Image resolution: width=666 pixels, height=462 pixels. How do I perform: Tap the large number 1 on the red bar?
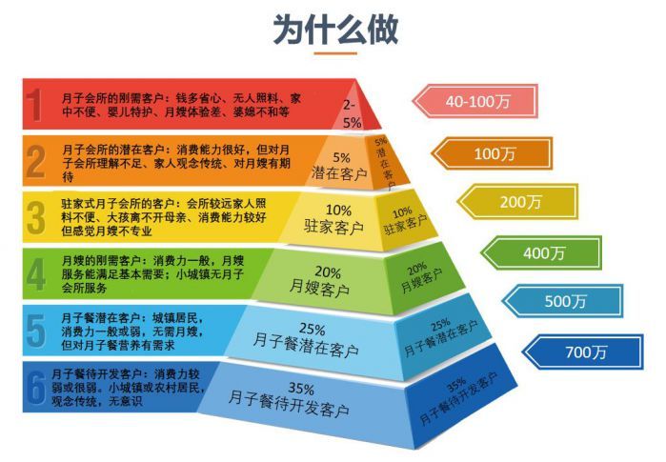[x=35, y=105]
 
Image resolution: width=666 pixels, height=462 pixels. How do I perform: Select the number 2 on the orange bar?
[x=35, y=161]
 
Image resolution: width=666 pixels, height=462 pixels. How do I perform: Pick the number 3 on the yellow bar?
[x=35, y=217]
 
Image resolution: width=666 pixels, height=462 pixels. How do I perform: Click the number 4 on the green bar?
[x=35, y=273]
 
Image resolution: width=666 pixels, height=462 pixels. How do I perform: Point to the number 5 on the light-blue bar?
[x=35, y=330]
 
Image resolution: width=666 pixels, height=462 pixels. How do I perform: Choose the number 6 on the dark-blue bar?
[x=35, y=387]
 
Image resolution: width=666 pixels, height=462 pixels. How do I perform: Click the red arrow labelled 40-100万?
[x=468, y=100]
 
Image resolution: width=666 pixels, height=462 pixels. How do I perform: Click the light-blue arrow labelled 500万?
[x=562, y=302]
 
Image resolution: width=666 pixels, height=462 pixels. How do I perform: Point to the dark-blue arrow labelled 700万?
[x=584, y=352]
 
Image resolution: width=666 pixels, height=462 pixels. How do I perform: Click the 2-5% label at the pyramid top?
[x=352, y=113]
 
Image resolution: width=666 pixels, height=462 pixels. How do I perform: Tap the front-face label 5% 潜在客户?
[x=340, y=165]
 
